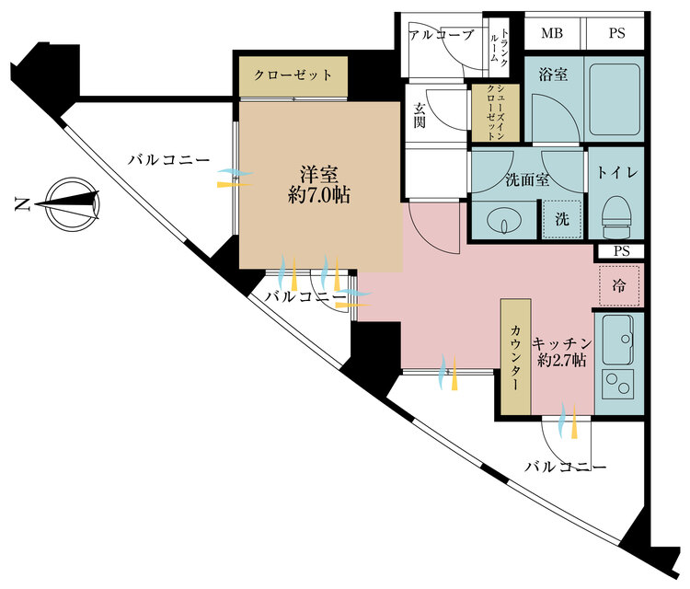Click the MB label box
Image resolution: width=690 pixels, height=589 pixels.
552,35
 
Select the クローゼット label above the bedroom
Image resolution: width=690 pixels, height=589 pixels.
293,75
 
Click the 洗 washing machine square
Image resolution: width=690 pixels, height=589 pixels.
561,219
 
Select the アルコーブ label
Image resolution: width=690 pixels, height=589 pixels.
441,36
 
